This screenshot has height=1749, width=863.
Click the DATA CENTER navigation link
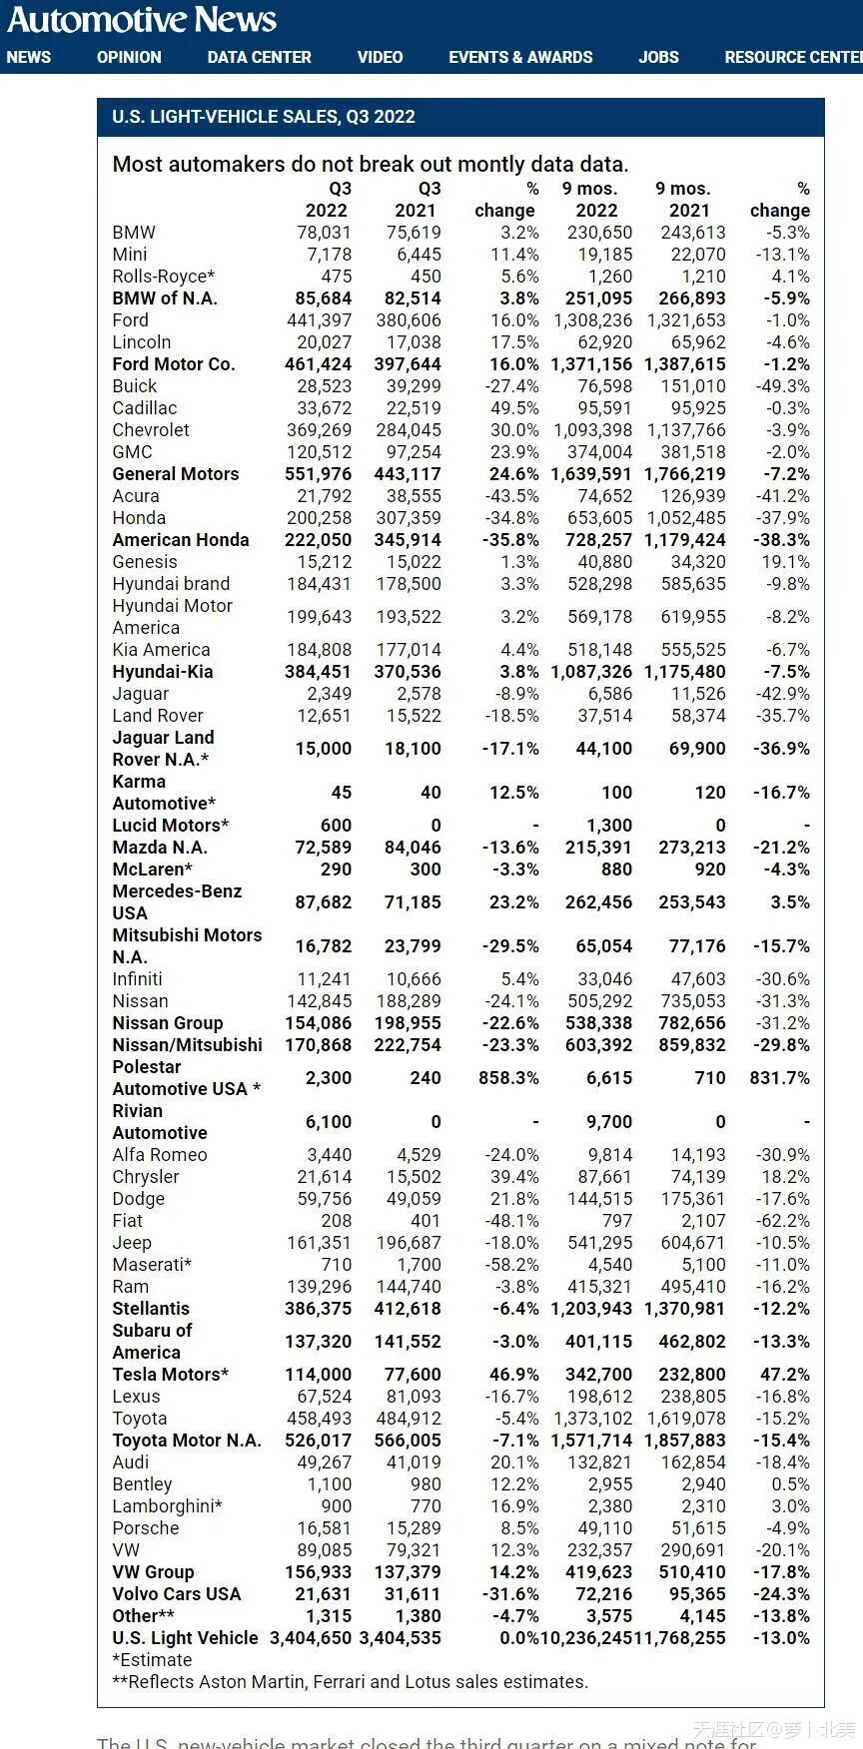click(x=259, y=58)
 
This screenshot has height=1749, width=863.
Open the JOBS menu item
click(x=658, y=58)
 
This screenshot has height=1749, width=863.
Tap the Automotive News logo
click(x=142, y=20)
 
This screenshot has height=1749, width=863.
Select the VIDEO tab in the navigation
click(x=380, y=58)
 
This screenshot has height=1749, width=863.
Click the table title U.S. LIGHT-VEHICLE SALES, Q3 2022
click(x=264, y=117)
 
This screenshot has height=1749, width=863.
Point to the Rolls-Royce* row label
click(x=163, y=277)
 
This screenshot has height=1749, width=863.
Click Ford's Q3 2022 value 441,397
click(x=319, y=320)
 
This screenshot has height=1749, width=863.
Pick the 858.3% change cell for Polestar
click(x=509, y=1078)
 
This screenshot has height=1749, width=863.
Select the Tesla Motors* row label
click(x=170, y=1375)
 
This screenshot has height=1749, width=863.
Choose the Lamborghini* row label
click(x=167, y=1506)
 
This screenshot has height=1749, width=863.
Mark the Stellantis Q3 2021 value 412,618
click(x=408, y=1309)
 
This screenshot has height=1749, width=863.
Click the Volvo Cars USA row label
click(x=176, y=1594)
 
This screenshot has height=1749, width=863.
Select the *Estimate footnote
click(x=152, y=1660)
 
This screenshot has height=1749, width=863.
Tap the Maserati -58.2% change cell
click(x=511, y=1265)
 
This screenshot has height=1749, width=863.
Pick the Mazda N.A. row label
click(x=160, y=848)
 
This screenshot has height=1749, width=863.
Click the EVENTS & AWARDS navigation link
click(x=520, y=58)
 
